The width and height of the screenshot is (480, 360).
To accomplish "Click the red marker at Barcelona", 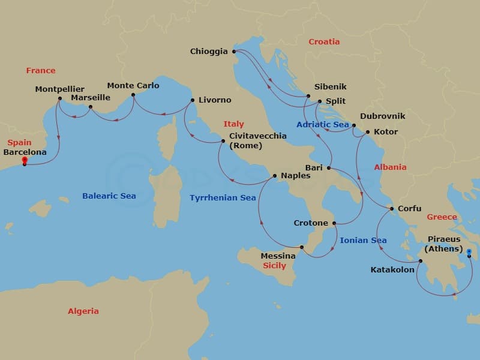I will tap(25, 160).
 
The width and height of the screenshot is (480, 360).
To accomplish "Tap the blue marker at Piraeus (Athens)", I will tap(469, 253).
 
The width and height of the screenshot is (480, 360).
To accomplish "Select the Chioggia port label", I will tap(208, 52).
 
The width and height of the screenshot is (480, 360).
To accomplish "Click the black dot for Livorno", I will tap(192, 100).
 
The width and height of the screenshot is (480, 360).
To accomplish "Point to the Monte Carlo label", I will tap(133, 86).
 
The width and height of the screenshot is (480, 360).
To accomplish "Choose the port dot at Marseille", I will tap(90, 107).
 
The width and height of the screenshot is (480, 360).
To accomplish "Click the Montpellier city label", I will tap(59, 89).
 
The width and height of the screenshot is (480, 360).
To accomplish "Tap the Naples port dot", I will tap(274, 176).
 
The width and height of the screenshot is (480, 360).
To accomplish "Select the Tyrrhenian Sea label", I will tap(223, 197).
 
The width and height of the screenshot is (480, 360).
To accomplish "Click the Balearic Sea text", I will tap(109, 196).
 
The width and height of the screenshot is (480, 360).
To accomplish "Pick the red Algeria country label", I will tap(83, 311).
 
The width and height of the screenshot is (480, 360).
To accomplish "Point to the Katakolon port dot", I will tap(420, 260).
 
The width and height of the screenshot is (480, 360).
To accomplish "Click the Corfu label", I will tap(409, 209).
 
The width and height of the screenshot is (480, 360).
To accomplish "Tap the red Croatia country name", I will tap(324, 42).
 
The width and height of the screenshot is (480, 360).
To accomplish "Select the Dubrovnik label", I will tap(383, 116).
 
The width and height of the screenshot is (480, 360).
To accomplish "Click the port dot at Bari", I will tap(328, 168).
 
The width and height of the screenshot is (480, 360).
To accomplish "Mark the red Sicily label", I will tap(274, 266).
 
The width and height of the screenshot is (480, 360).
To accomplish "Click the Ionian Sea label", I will tap(363, 241).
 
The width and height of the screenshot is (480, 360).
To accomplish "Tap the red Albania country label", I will tap(390, 167).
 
